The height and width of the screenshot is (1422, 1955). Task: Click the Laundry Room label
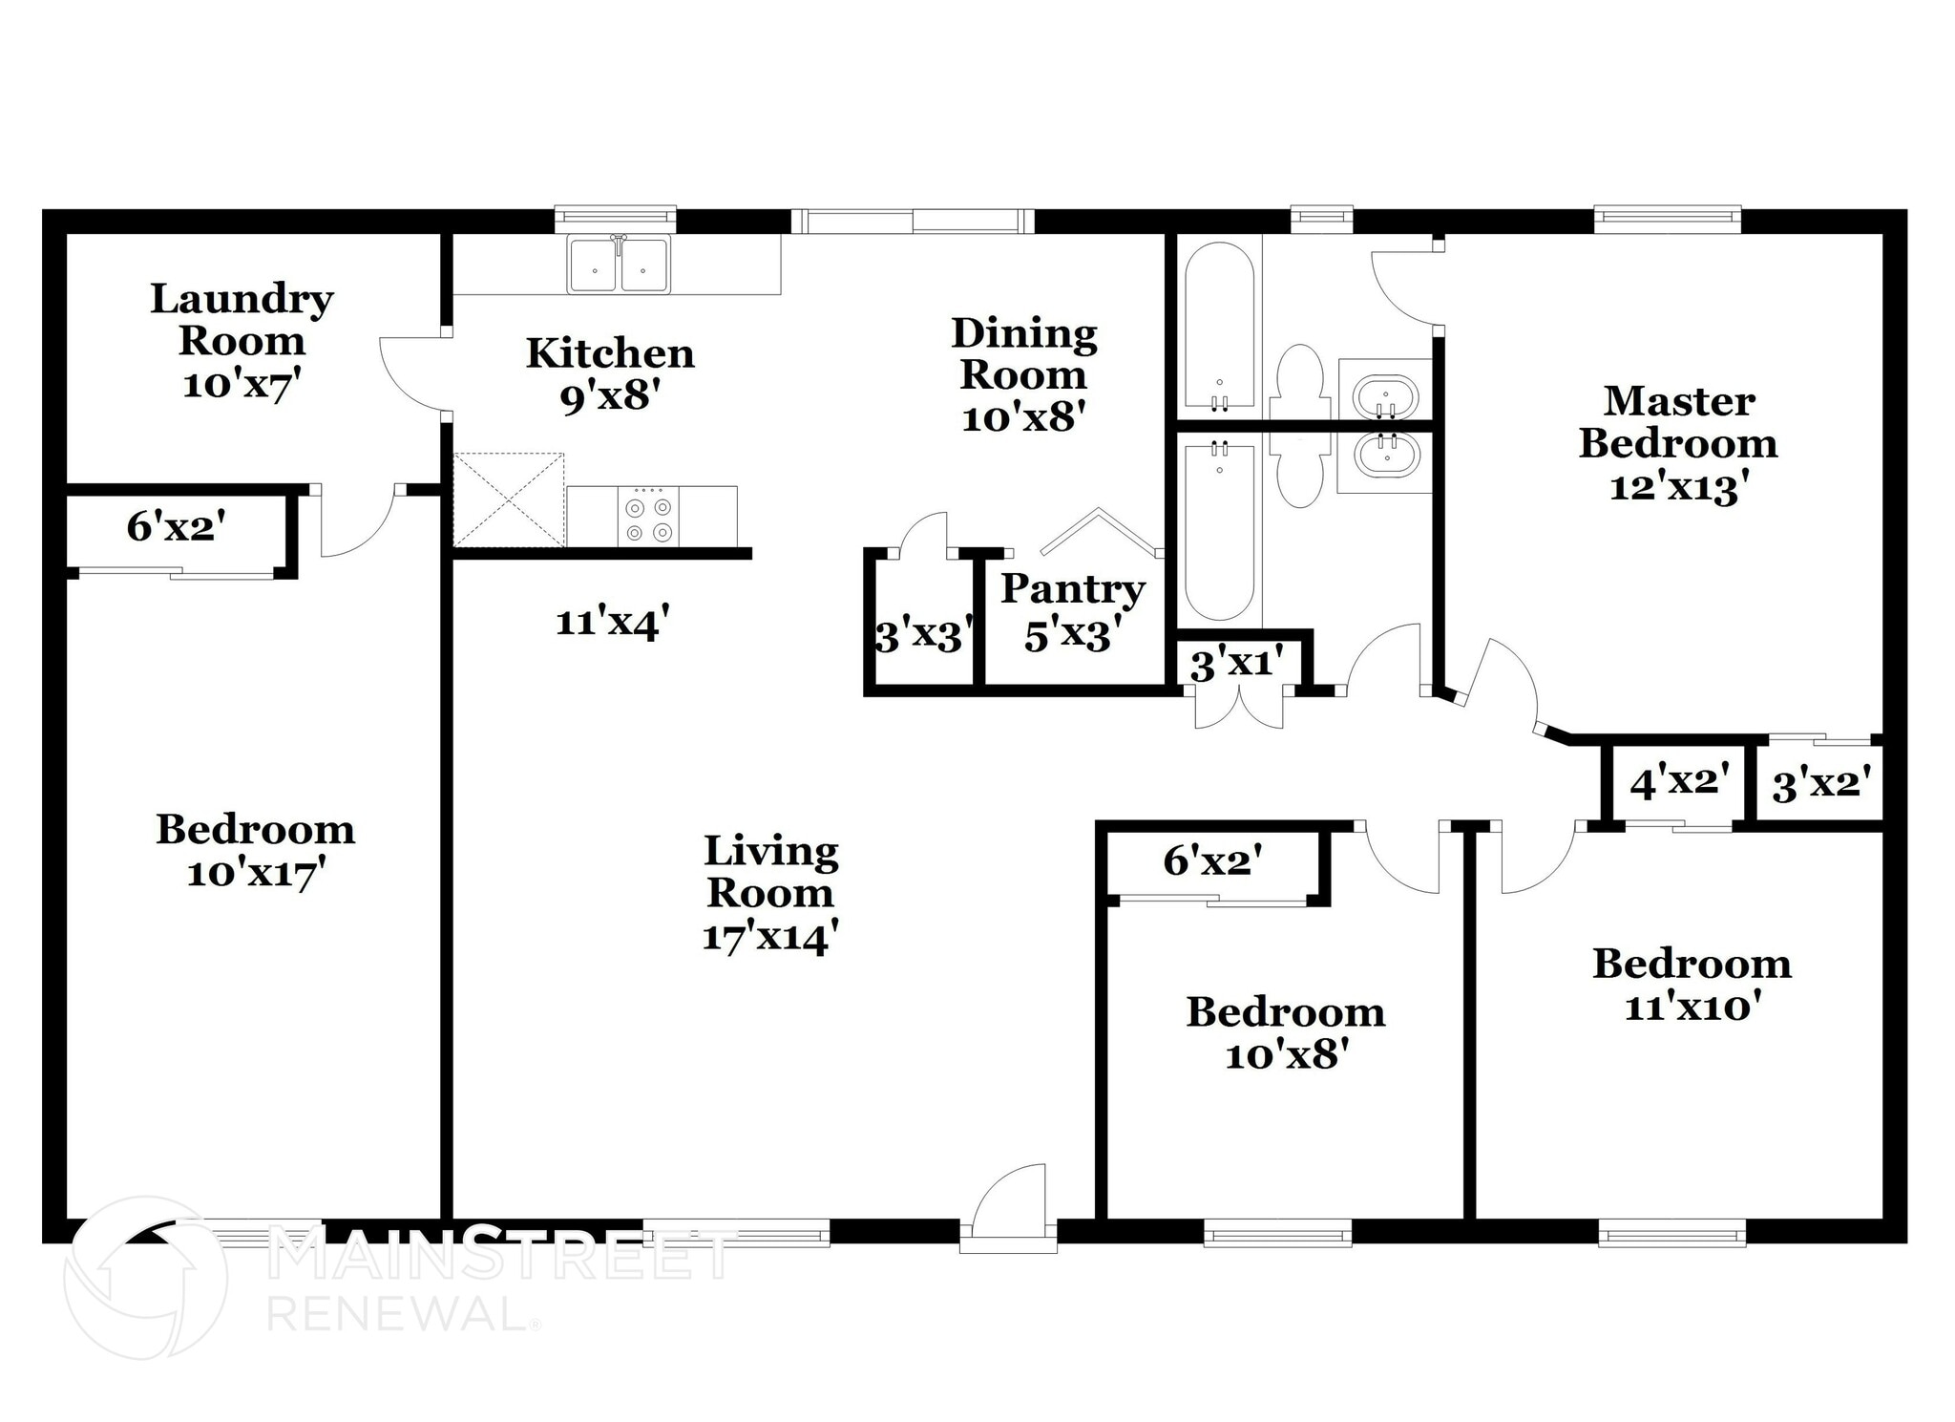coord(242,320)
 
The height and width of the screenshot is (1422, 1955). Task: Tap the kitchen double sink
coord(619,265)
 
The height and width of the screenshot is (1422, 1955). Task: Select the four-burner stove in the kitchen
coord(649,517)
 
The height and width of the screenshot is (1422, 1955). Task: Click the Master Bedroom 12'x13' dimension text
coord(1678,488)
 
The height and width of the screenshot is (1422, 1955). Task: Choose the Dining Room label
coord(1023,353)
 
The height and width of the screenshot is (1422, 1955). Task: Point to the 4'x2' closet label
coord(1680,782)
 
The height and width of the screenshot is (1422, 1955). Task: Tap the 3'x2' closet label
coord(1820,784)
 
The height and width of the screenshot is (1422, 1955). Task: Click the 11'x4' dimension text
coord(607,623)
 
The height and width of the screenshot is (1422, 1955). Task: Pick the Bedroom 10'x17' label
coord(255,850)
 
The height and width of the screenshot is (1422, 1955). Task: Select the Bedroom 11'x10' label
coord(1692,985)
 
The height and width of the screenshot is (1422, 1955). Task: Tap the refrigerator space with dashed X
coord(509,499)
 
